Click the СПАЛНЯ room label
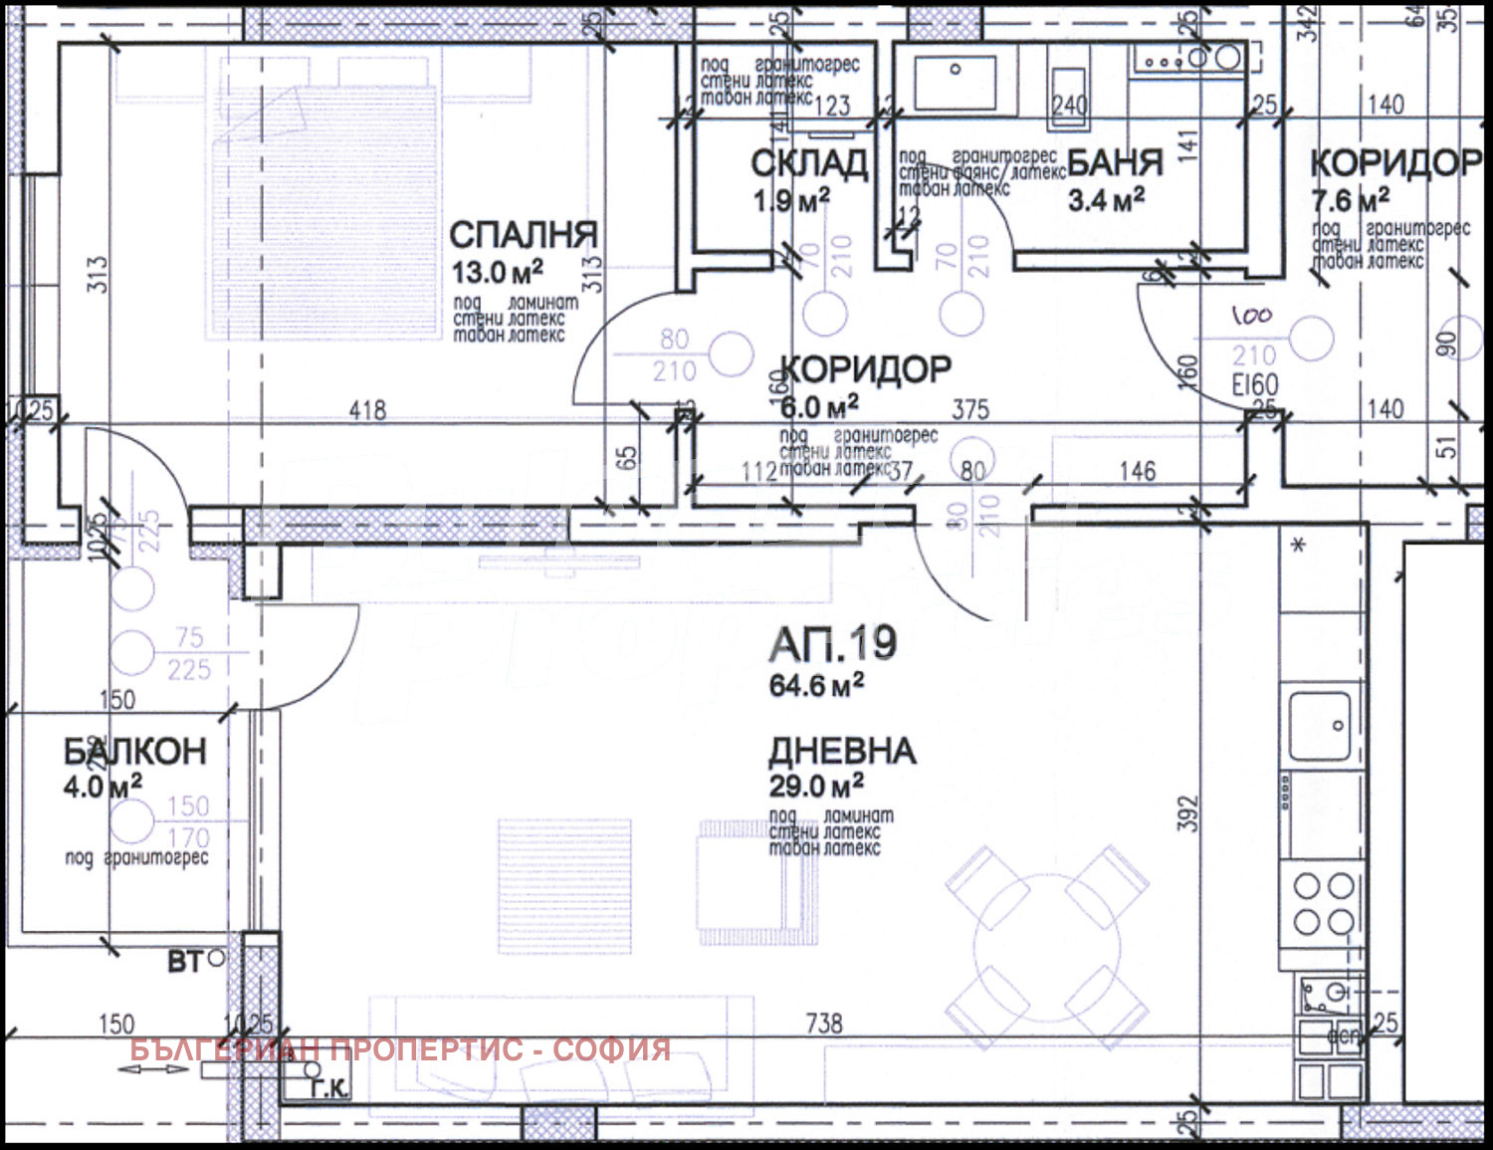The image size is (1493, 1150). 524,236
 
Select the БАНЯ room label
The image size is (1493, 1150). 1116,162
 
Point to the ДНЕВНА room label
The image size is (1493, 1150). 842,751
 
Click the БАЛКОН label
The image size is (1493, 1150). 135,752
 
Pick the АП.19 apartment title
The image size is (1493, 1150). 833,644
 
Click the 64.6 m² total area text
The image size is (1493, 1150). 816,685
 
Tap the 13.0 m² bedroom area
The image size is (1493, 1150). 497,272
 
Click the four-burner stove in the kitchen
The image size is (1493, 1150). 1324,903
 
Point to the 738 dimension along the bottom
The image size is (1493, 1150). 823,1023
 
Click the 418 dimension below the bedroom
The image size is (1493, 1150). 367,409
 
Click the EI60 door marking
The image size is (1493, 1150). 1255,385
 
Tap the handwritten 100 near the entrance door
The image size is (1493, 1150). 1251,316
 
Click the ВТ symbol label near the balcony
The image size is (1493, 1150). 185,962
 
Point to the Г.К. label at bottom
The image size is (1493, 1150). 328,1089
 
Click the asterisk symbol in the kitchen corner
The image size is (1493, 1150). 1298,546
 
